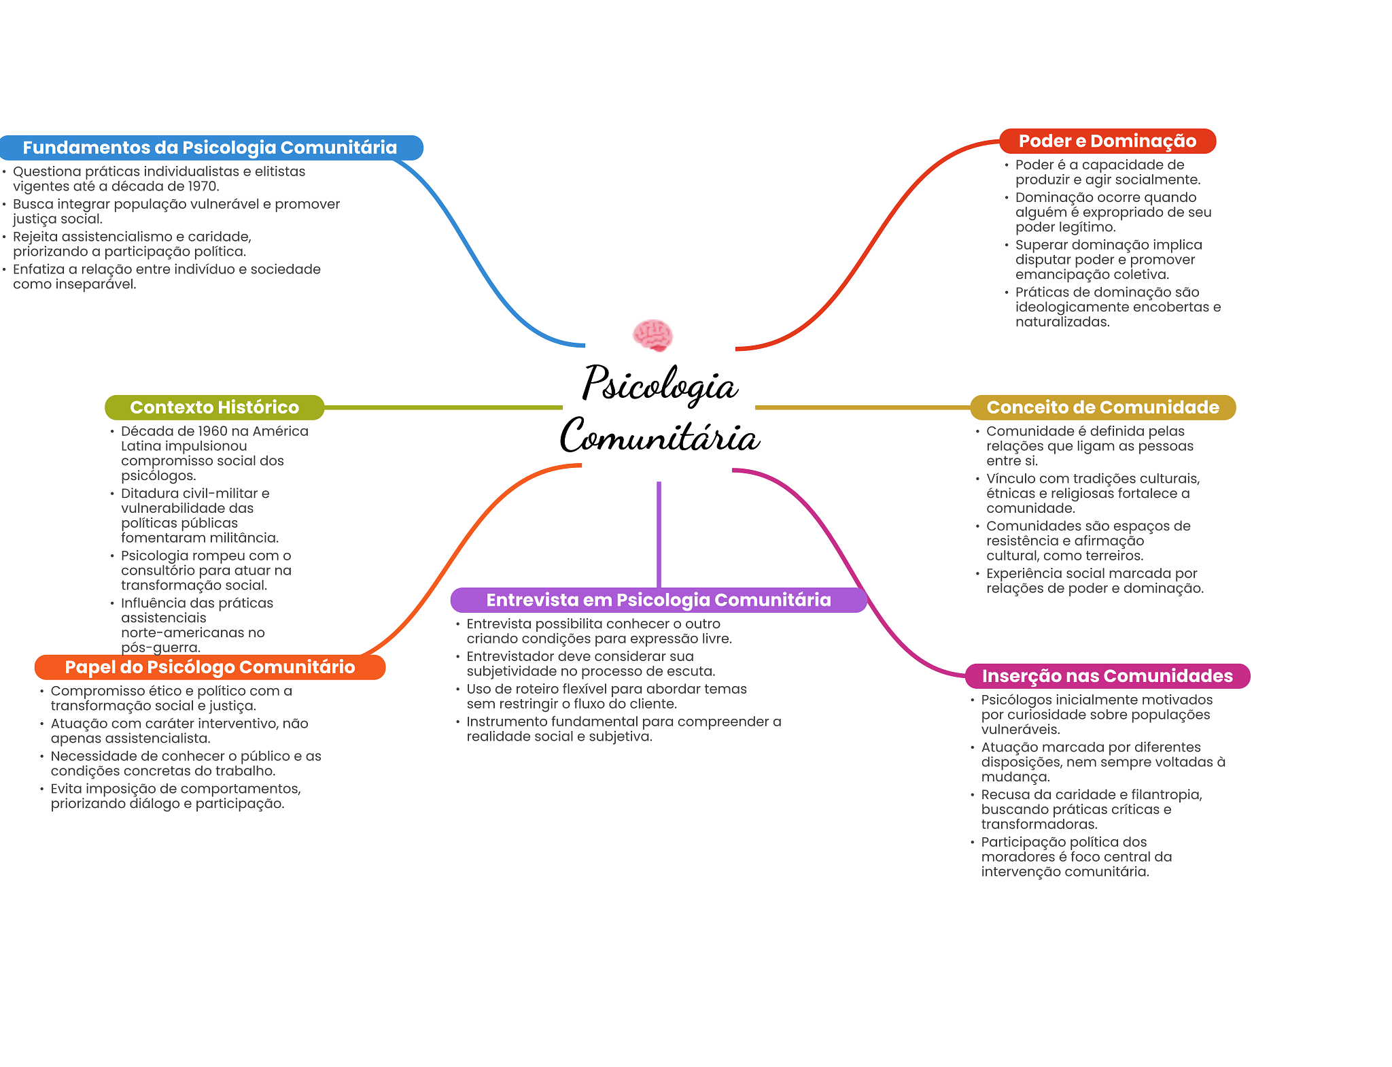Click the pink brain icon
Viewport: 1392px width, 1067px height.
click(652, 335)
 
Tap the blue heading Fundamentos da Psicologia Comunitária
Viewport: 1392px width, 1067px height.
click(209, 148)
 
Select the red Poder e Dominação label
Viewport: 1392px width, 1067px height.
click(1107, 141)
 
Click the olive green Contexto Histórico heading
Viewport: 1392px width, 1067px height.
click(214, 407)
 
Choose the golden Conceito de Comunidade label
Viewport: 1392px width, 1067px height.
click(1102, 407)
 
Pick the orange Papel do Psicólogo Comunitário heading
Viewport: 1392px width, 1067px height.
click(209, 667)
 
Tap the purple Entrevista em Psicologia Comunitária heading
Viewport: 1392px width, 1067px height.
click(658, 600)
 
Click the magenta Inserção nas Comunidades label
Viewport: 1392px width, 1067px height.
click(1107, 676)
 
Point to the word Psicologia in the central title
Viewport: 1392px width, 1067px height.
click(659, 384)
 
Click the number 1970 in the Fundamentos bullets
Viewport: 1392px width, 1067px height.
click(203, 186)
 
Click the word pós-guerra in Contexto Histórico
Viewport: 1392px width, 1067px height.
click(160, 647)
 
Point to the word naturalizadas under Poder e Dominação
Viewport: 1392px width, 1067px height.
click(1062, 322)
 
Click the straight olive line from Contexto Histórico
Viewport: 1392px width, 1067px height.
click(442, 407)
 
